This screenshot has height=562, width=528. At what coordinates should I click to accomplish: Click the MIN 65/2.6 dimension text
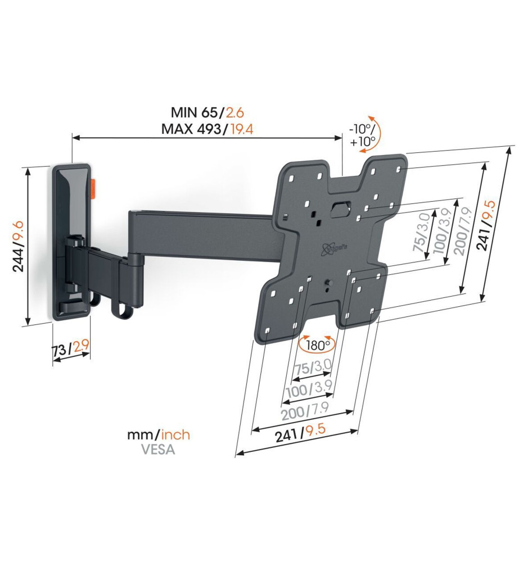point(207,112)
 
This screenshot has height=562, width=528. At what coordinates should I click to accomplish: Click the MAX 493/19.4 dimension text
point(207,129)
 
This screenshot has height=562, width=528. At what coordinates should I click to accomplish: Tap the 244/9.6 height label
point(18,246)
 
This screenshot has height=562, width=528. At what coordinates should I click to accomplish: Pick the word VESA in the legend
point(158,450)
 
